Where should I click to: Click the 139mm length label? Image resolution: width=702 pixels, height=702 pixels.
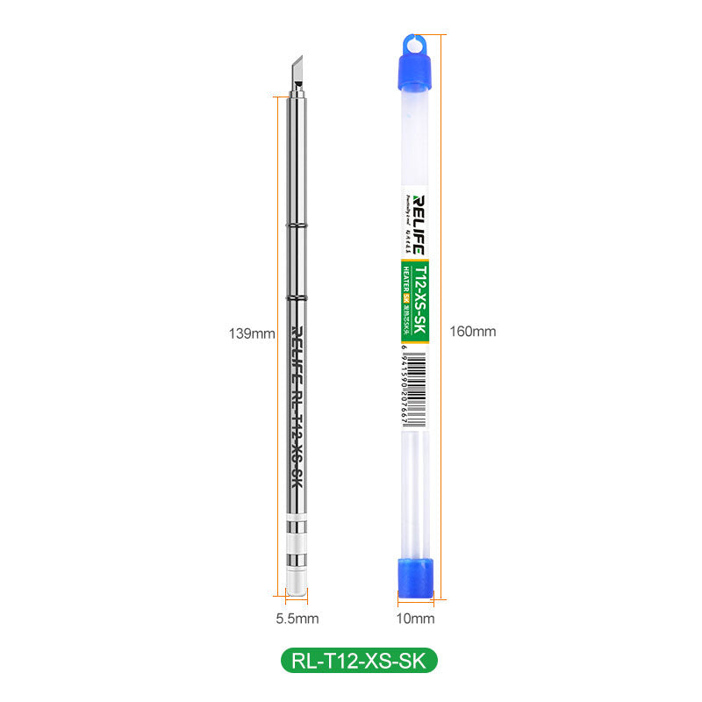tap(250, 333)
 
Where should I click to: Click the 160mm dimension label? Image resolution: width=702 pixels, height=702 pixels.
tap(472, 331)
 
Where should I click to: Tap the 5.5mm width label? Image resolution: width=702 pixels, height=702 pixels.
tap(297, 619)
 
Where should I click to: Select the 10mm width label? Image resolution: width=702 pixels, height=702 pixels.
tap(417, 619)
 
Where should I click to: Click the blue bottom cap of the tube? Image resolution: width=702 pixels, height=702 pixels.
tap(417, 580)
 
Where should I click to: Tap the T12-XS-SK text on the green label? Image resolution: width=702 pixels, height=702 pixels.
tap(420, 298)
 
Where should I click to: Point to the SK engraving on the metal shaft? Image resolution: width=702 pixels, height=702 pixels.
tap(297, 478)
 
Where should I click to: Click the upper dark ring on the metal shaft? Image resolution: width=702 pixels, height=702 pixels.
tap(297, 226)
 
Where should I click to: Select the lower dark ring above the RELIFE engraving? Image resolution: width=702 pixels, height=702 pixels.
tap(297, 300)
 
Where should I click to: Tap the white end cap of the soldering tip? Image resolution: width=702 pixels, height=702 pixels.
tap(297, 584)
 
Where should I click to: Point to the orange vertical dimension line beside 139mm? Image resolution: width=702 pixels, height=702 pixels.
tap(283, 333)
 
